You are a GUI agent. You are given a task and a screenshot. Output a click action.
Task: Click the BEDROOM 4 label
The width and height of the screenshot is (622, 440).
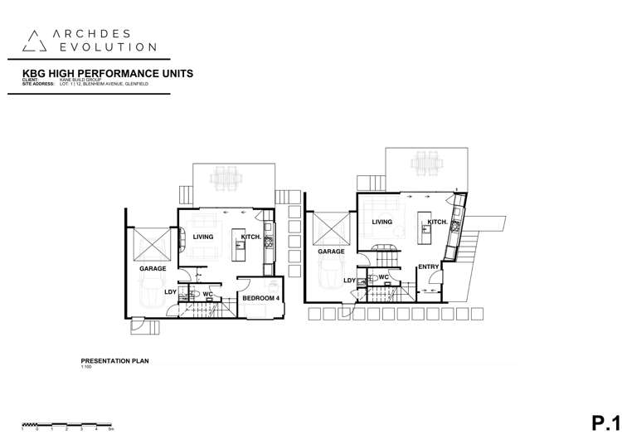tap(260, 296)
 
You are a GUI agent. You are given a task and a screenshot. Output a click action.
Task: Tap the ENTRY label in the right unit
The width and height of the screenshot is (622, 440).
tap(428, 266)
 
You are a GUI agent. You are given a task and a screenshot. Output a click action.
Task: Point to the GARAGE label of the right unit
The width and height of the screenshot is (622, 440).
tap(331, 251)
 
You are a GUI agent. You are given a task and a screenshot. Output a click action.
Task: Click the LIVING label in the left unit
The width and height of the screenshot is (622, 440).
tap(203, 237)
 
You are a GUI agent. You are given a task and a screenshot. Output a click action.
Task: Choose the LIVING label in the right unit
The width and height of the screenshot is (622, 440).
tap(381, 222)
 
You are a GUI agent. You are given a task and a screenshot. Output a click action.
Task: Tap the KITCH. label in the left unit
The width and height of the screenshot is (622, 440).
tap(251, 237)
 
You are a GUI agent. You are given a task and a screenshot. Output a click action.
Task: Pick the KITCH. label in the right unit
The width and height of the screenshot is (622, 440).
tap(438, 222)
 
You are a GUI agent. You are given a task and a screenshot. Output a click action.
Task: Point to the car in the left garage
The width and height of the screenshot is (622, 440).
tap(153, 295)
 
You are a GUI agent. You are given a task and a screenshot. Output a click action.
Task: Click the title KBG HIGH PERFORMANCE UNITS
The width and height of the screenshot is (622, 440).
tap(109, 73)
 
